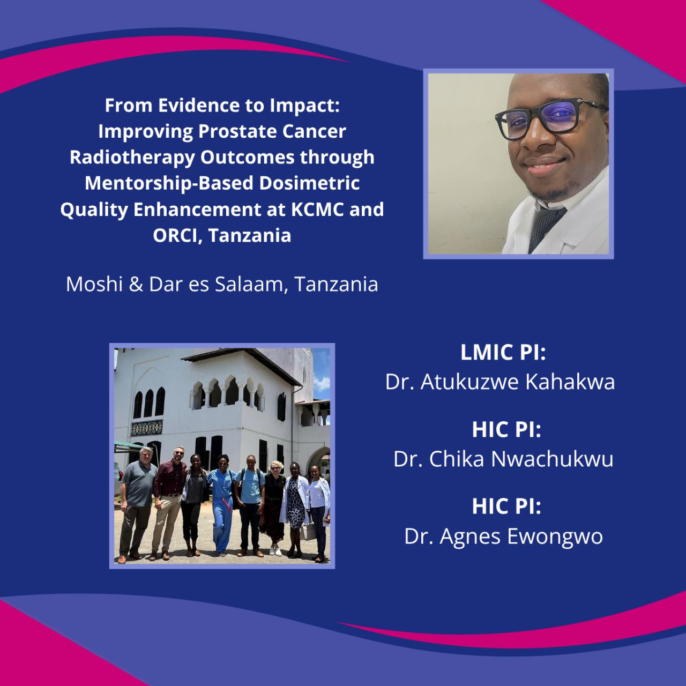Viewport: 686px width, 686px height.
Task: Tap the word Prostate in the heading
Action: coord(237,131)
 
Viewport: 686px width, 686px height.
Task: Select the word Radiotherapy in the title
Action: coord(132,158)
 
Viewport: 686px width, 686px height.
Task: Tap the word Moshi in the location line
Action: coord(94,285)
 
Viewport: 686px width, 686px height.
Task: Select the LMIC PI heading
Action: coord(503,352)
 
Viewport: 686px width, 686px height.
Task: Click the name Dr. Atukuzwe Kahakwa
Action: coord(500,382)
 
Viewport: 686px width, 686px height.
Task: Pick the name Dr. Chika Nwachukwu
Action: coord(503,459)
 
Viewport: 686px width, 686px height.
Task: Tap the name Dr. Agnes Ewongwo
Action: coord(503,536)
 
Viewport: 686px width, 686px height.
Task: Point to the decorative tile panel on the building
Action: coord(147,428)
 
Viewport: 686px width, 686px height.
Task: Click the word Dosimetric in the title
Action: coord(309,183)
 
